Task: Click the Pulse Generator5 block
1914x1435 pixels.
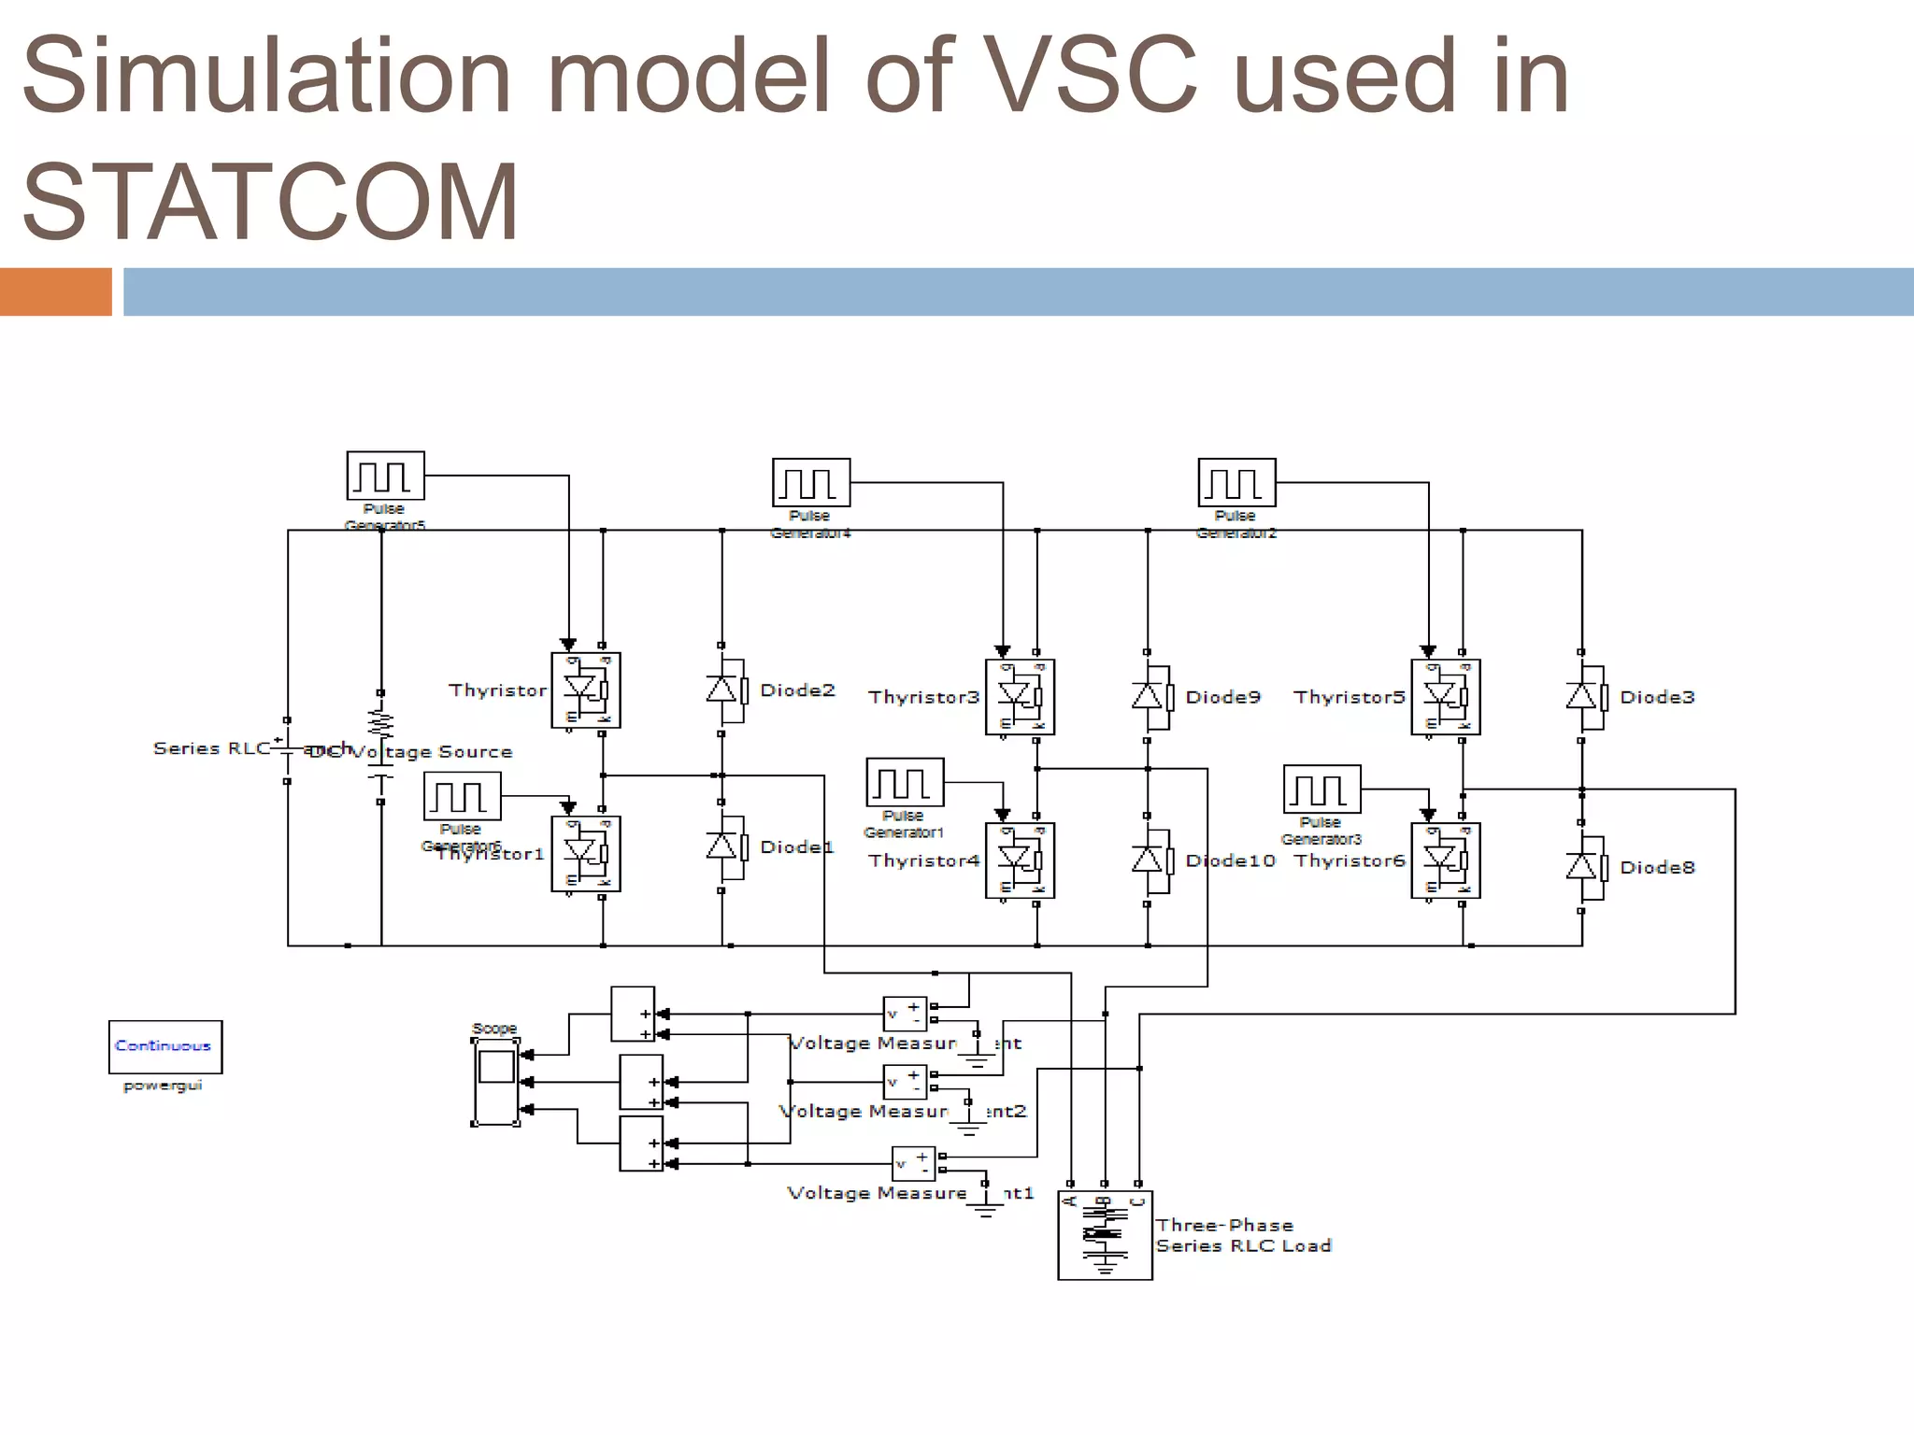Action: click(x=385, y=476)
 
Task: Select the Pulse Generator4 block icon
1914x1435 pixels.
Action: click(x=811, y=482)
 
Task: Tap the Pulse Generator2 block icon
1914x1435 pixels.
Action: click(x=1236, y=482)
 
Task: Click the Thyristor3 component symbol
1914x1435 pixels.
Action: click(x=1020, y=697)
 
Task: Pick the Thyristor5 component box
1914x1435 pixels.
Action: click(x=1445, y=697)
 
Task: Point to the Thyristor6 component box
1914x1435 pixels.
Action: click(x=1445, y=860)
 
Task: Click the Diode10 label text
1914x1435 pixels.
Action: click(x=1230, y=860)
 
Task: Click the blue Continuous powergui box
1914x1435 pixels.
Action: click(x=165, y=1046)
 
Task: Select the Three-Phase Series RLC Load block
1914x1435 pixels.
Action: click(x=1105, y=1235)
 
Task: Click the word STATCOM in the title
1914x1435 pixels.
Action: click(x=270, y=202)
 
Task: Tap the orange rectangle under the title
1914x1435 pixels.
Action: click(x=55, y=291)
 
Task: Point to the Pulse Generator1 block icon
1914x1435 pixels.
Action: click(x=905, y=782)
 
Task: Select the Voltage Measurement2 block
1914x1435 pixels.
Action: click(x=905, y=1082)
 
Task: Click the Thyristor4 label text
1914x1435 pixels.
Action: click(x=923, y=860)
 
